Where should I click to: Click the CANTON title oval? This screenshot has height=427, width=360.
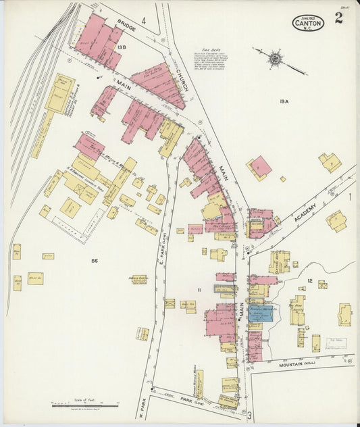[308, 22]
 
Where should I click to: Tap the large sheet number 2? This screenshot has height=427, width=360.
[338, 18]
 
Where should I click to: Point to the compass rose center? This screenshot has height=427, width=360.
[275, 59]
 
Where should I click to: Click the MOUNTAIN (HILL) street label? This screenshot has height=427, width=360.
[297, 365]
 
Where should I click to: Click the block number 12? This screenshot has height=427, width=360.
[309, 280]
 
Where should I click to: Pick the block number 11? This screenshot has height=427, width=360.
[199, 290]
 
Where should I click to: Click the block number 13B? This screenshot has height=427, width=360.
[122, 47]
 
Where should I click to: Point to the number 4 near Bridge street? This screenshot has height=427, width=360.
[144, 21]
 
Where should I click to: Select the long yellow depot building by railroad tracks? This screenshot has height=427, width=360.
[59, 93]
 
